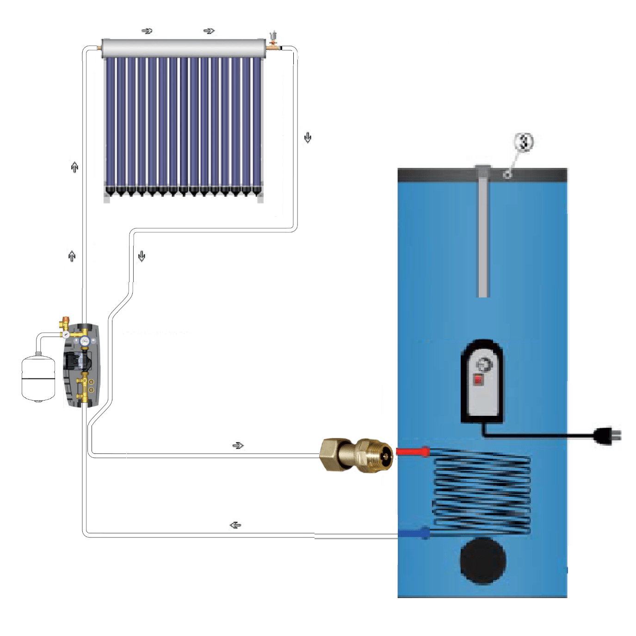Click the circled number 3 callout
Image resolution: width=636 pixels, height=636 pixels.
(524, 142)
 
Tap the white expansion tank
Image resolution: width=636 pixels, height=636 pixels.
(38, 377)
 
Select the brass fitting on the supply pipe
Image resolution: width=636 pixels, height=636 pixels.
(357, 455)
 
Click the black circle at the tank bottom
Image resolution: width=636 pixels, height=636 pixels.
(483, 561)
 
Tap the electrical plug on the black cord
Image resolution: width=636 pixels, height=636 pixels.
(607, 435)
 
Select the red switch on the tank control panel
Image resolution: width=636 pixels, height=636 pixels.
(478, 380)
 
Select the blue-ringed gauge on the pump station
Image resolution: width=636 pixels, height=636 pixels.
(85, 340)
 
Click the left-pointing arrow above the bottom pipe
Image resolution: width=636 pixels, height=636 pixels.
(235, 525)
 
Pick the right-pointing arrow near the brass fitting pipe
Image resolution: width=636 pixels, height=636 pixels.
(238, 445)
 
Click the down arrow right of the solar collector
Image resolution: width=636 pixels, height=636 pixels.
(308, 137)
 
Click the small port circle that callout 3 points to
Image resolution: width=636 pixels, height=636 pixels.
(507, 174)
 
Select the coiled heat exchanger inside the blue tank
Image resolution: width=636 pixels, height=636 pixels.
(481, 493)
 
